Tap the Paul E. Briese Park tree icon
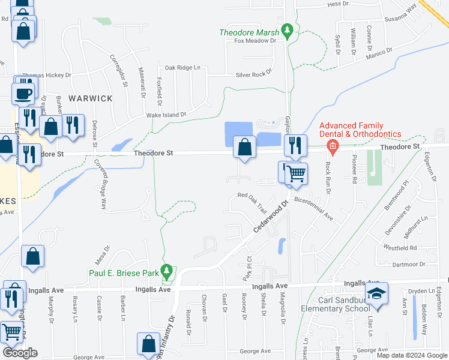pyautogui.click(x=168, y=272)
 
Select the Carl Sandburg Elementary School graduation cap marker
pyautogui.click(x=376, y=293)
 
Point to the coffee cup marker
pyautogui.click(x=23, y=94)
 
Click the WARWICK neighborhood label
pyautogui.click(x=90, y=98)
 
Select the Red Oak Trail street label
pyautogui.click(x=252, y=203)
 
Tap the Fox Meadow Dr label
pyautogui.click(x=255, y=41)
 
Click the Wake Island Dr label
pyautogui.click(x=166, y=114)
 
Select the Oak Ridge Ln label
pyautogui.click(x=182, y=67)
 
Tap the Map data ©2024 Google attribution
pyautogui.click(x=412, y=355)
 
